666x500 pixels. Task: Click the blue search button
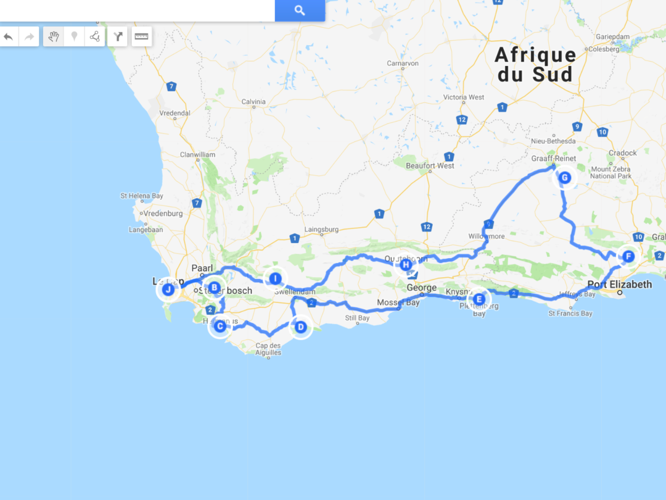point(300,10)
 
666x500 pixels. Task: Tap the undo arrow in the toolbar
point(9,36)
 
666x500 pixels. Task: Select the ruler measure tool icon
point(141,36)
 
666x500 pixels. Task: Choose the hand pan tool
point(54,36)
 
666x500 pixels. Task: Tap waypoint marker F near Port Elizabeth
point(628,256)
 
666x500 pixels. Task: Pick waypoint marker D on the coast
point(300,327)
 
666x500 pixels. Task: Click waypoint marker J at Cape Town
point(168,290)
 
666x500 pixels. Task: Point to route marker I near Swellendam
point(275,279)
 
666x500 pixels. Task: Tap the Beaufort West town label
point(430,165)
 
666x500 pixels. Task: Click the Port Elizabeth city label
point(619,285)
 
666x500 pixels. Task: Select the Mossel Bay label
point(398,302)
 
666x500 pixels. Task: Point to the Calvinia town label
point(253,101)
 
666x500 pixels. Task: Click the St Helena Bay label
point(142,196)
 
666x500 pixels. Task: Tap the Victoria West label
point(464,97)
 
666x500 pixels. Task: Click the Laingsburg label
point(322,230)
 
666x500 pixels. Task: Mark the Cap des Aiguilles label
point(268,349)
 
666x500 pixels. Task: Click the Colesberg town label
point(604,49)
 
